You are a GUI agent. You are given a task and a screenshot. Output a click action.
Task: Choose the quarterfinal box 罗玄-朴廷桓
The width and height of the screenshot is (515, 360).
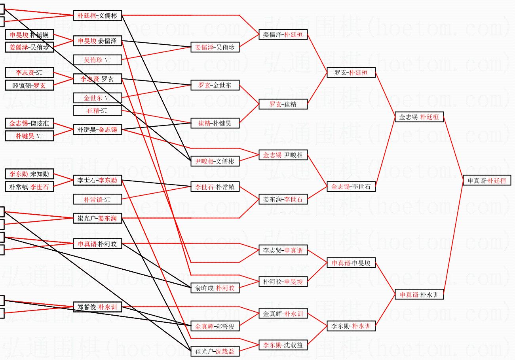pyautogui.click(x=351, y=72)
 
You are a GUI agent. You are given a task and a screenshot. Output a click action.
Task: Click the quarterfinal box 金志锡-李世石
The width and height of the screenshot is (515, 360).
pyautogui.click(x=351, y=187)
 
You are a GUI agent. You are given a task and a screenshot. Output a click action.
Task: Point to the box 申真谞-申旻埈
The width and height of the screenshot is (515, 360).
pyautogui.click(x=351, y=263)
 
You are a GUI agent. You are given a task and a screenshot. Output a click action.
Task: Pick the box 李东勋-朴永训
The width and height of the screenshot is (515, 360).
pyautogui.click(x=351, y=326)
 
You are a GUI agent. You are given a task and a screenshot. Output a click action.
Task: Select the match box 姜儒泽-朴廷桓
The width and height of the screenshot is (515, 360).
pyautogui.click(x=283, y=34)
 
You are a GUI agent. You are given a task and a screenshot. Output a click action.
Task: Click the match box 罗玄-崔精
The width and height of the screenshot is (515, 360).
pyautogui.click(x=283, y=104)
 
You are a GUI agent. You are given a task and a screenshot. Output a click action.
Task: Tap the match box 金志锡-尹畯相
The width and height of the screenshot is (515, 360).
pyautogui.click(x=283, y=155)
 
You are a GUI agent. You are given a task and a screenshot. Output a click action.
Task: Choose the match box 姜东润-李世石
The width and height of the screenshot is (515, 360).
pyautogui.click(x=283, y=199)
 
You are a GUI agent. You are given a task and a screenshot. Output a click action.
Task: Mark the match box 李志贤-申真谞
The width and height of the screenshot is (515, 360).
pyautogui.click(x=283, y=250)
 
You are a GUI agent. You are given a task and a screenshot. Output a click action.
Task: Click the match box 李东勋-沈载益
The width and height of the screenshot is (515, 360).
pyautogui.click(x=283, y=345)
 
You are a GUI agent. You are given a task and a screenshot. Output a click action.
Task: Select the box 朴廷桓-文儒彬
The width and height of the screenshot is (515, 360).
pyautogui.click(x=97, y=15)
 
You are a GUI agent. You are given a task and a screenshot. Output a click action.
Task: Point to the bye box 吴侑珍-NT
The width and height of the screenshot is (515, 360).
pyautogui.click(x=97, y=60)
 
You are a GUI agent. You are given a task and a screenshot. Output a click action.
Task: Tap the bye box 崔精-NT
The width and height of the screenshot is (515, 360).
pyautogui.click(x=97, y=110)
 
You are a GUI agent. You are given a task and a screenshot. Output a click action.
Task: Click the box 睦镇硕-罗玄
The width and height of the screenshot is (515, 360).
pyautogui.click(x=29, y=85)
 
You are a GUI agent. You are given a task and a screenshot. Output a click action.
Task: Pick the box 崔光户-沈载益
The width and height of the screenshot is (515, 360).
pyautogui.click(x=215, y=351)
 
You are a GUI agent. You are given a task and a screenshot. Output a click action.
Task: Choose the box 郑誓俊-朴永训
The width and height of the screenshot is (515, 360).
pyautogui.click(x=97, y=307)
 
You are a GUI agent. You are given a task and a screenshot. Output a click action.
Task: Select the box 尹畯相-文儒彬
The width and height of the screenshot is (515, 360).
pyautogui.click(x=215, y=161)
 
